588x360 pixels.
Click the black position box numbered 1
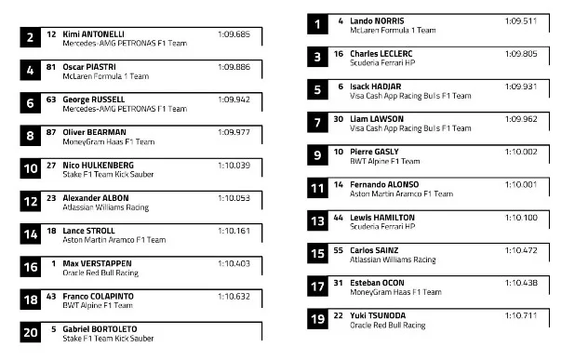(x=316, y=25)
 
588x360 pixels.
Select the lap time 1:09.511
(x=521, y=20)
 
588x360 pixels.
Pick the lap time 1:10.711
(x=521, y=315)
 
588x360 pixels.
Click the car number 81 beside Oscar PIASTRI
(x=51, y=66)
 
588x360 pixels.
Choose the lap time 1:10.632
(x=234, y=296)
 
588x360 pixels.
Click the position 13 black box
(x=316, y=222)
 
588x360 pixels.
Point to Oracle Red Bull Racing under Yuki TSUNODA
(x=387, y=326)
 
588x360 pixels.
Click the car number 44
(x=339, y=217)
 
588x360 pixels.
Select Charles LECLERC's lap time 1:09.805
(x=521, y=53)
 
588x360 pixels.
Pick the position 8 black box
(x=31, y=137)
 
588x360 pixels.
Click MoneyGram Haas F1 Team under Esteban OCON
(x=394, y=292)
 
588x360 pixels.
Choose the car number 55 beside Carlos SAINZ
(x=339, y=250)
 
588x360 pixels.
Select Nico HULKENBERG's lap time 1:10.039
(x=234, y=165)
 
